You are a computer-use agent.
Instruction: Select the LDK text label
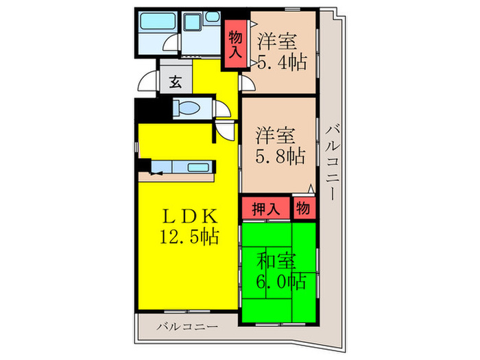189,216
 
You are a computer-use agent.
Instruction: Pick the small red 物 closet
303,208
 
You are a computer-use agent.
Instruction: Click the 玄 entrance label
175,82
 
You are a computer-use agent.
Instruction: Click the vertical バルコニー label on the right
332,161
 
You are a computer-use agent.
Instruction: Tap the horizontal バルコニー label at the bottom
187,326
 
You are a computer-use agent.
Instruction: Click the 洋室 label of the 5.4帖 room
278,41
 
